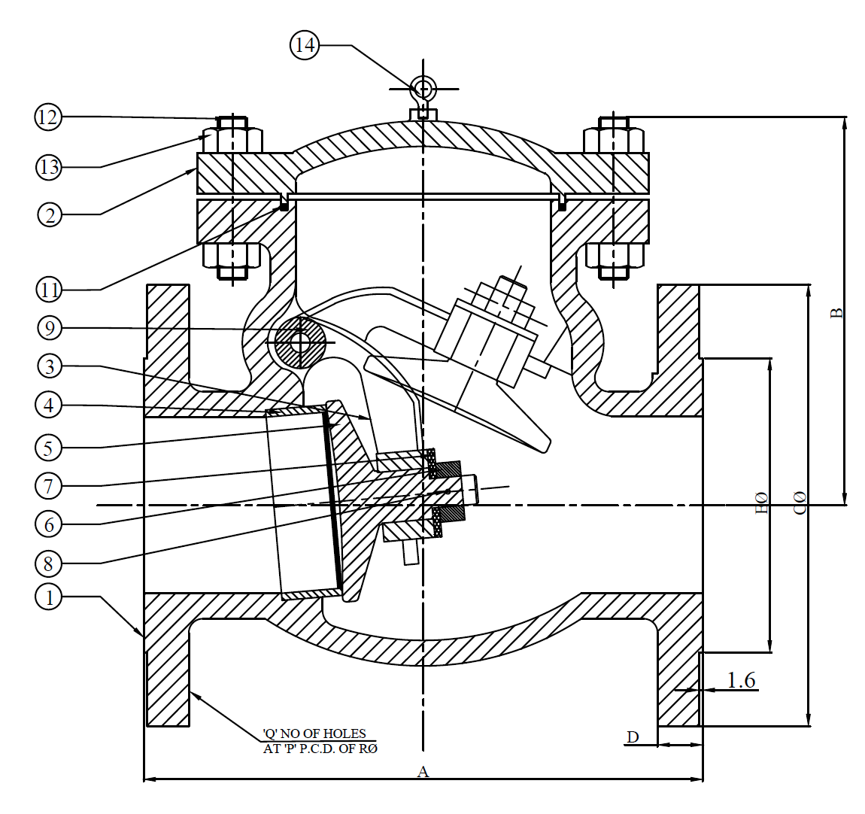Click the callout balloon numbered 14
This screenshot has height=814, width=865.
(304, 45)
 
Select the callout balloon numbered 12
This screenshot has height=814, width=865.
(49, 117)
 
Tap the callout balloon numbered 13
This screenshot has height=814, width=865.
(49, 167)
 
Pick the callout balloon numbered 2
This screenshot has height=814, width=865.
(50, 214)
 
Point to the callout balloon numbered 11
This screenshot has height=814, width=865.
(50, 288)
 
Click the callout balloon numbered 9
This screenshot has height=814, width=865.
(50, 328)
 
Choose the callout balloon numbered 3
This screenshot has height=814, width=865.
(50, 366)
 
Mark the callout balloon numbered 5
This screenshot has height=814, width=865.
(50, 448)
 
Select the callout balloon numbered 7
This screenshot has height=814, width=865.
(50, 485)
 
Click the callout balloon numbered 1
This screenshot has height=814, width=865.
(50, 597)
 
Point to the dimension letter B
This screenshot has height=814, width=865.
(836, 312)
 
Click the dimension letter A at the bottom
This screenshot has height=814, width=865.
(423, 771)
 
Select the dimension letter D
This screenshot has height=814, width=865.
(633, 737)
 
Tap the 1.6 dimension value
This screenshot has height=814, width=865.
(741, 680)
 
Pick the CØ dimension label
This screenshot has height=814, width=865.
(800, 503)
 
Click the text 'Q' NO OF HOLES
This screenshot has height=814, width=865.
(314, 734)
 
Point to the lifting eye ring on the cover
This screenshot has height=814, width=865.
(423, 88)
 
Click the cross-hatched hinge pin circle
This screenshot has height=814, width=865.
(300, 342)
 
